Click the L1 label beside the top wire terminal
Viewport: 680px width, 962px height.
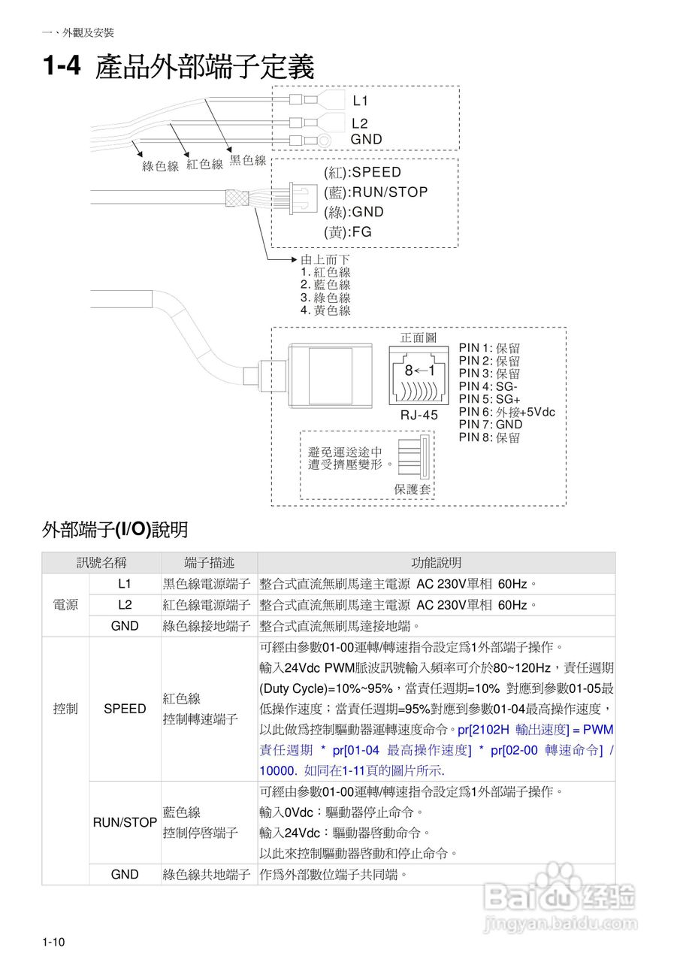point(361,101)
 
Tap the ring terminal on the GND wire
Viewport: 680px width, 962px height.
point(323,140)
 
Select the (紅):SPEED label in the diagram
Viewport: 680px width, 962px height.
point(363,172)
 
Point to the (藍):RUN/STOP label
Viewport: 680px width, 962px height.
point(376,192)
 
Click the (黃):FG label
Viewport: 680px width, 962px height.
point(348,232)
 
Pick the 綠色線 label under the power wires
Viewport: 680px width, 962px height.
point(161,166)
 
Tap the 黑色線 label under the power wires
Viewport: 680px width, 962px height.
point(248,160)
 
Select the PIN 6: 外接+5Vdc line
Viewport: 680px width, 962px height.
point(507,412)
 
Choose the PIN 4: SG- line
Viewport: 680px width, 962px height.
point(488,386)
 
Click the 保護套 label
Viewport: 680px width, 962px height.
point(413,489)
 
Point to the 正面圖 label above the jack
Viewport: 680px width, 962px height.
point(419,338)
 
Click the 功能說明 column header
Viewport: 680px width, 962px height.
point(436,563)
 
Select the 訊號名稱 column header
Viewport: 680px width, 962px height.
point(101,563)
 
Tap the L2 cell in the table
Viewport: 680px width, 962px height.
point(125,605)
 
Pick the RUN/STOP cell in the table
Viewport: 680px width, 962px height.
point(125,823)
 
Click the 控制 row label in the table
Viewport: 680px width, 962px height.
point(65,709)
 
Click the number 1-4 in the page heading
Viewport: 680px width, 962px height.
point(61,67)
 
